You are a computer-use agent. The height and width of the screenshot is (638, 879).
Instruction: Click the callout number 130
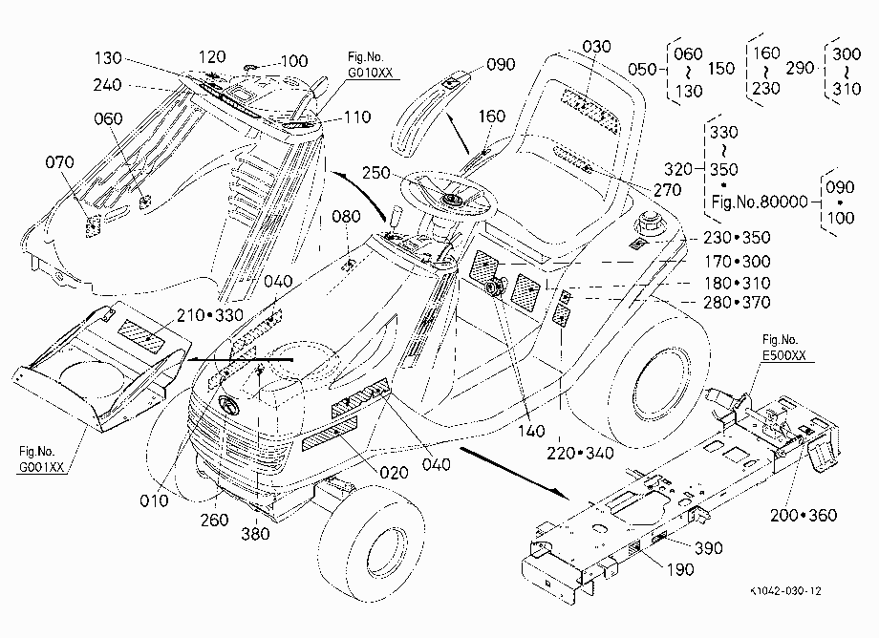coord(108,57)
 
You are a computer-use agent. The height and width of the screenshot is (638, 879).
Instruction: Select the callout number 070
coord(59,162)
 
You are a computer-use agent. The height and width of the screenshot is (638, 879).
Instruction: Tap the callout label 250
coord(376,173)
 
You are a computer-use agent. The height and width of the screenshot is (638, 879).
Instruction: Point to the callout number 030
coord(596,47)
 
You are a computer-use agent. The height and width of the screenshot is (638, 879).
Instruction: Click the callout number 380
coord(255,534)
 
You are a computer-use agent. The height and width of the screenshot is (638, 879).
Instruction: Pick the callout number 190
coord(680,569)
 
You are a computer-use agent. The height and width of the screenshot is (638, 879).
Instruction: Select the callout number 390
coord(709,548)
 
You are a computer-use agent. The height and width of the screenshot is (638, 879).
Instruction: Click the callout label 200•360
coord(804,516)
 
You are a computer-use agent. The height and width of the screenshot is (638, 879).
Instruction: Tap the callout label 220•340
coord(580,453)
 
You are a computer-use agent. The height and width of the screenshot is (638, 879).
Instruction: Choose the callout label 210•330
coord(210,315)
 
